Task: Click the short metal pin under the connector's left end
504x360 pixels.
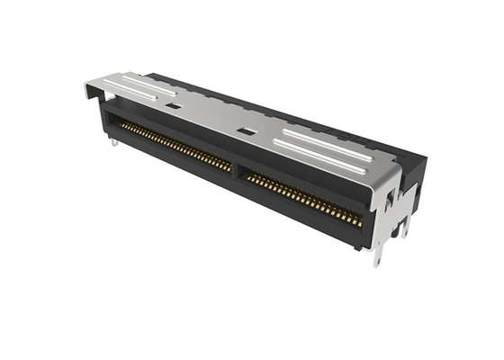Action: pos(116,137)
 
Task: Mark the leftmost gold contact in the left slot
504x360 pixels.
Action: pos(121,125)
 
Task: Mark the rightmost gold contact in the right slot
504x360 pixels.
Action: pos(360,221)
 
